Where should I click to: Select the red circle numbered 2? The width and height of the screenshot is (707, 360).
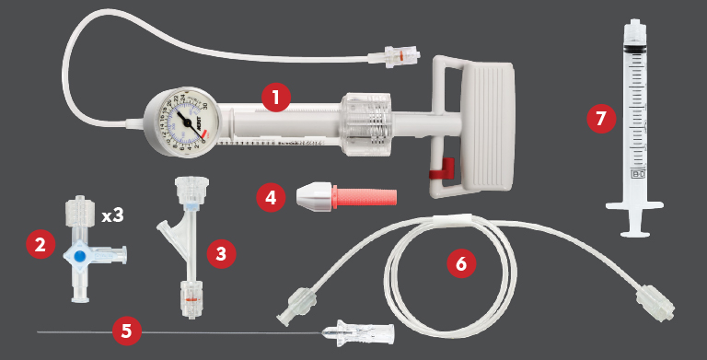point(39,244)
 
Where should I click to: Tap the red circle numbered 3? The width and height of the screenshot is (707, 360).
point(218,253)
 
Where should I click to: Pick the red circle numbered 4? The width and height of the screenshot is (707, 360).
point(270,197)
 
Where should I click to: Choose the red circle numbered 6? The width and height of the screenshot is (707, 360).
point(461,263)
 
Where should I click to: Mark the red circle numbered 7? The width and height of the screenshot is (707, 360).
point(601,119)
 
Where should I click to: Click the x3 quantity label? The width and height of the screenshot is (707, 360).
point(113,216)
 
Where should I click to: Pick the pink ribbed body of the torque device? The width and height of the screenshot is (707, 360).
point(367,196)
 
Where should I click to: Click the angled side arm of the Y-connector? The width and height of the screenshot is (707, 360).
point(168,226)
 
